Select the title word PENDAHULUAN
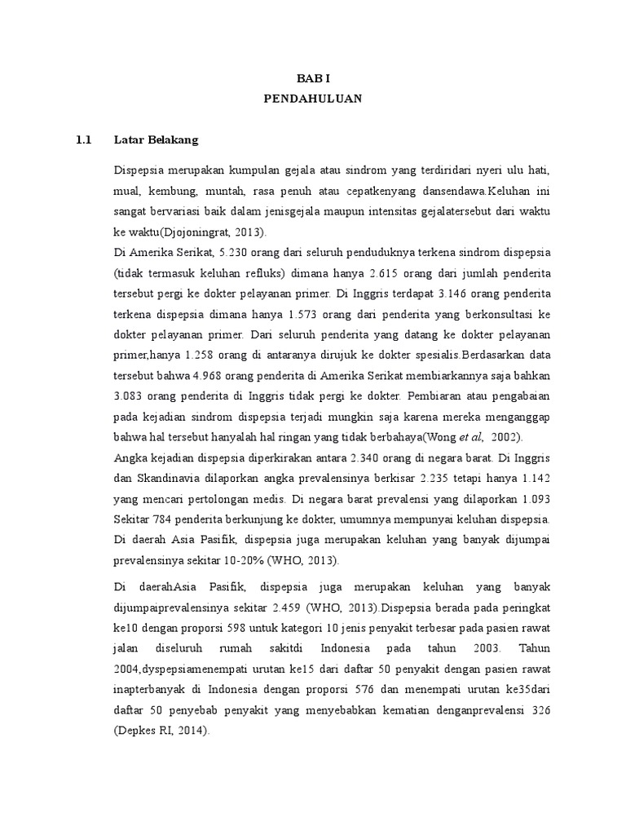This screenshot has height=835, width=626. pos(312,99)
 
